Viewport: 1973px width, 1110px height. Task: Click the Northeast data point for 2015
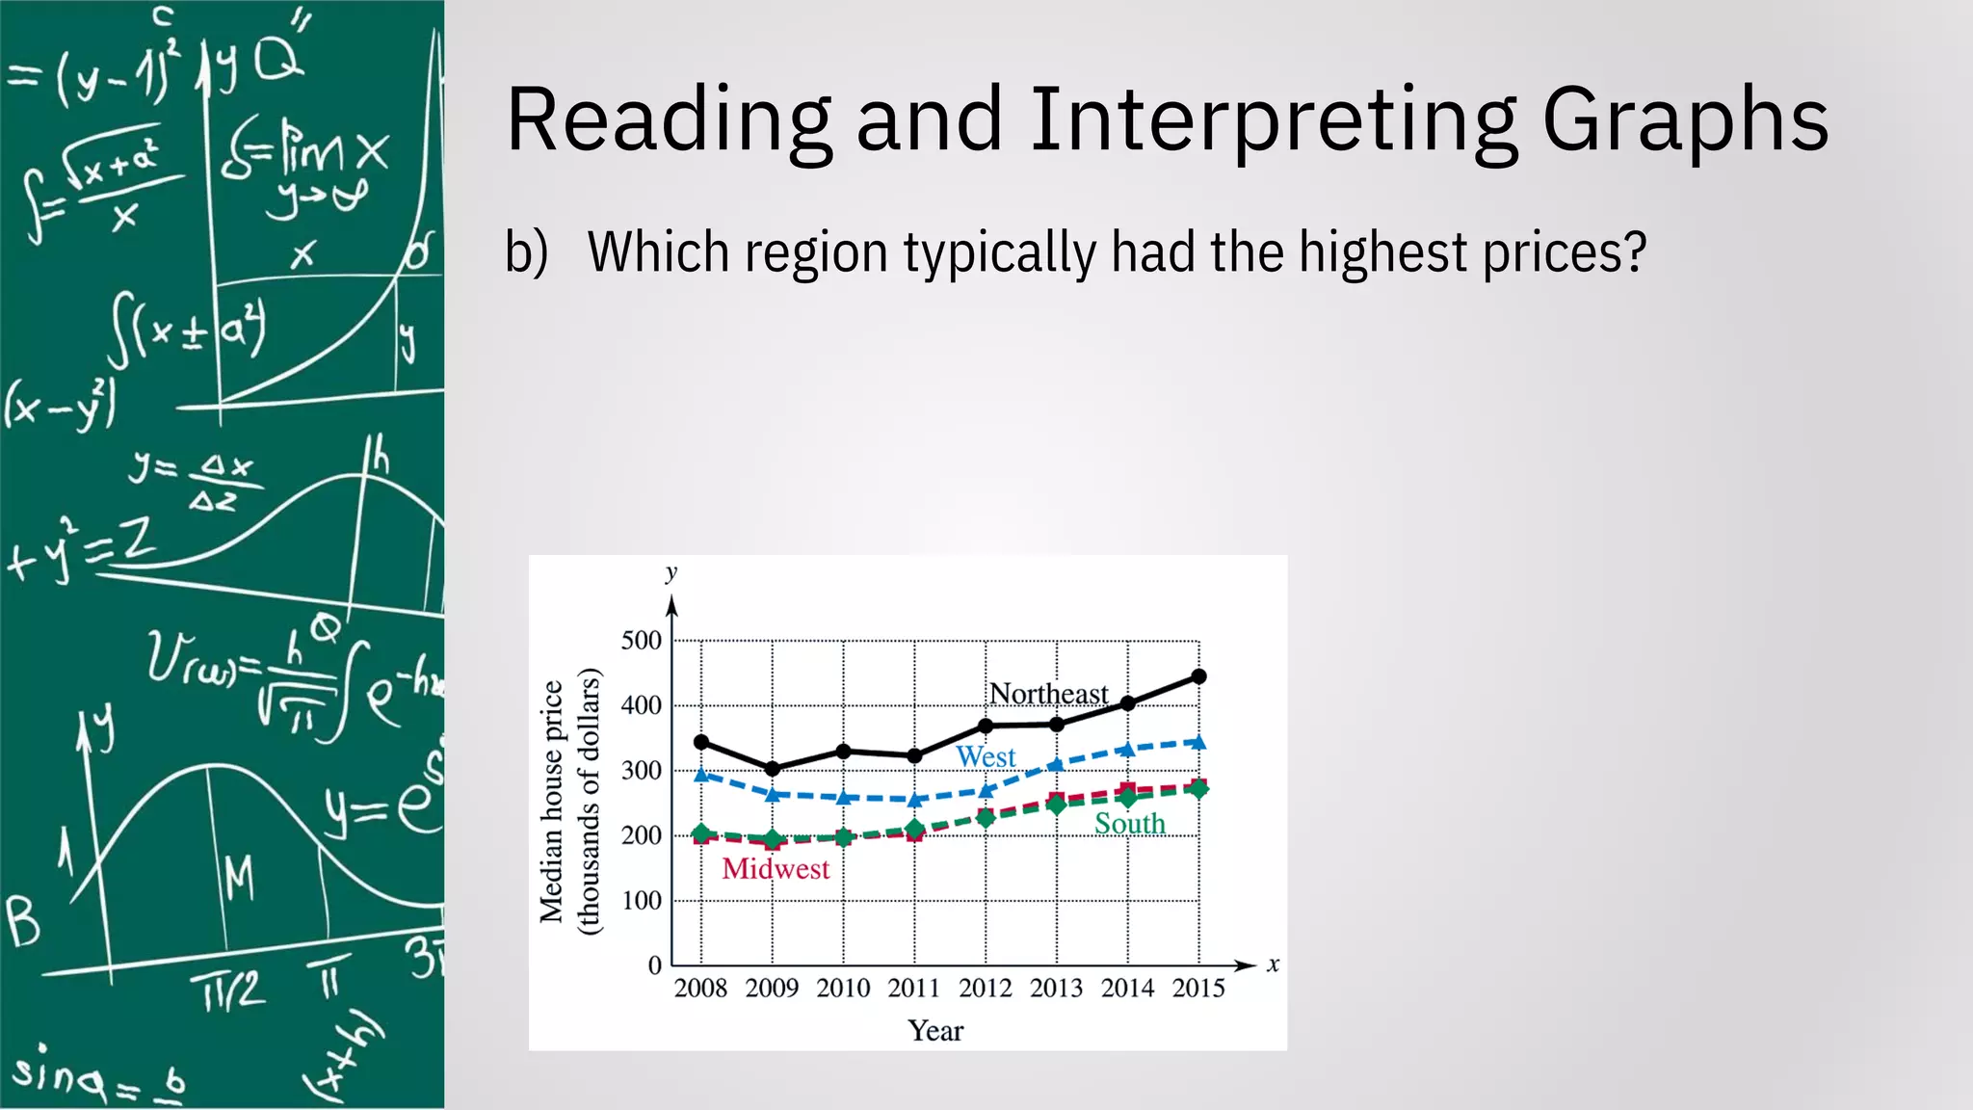1198,676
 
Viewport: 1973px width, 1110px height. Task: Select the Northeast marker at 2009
773,768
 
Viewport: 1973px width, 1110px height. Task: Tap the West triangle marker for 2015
1198,742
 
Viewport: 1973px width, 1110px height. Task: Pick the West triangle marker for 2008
701,774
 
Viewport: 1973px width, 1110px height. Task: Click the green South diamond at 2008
701,833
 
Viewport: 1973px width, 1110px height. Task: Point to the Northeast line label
1048,694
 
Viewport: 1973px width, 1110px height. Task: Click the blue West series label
985,757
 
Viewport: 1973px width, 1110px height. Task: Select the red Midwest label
776,869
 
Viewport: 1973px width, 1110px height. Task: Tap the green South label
1129,824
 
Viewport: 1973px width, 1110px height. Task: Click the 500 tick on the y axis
642,641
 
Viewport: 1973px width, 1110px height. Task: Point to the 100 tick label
642,901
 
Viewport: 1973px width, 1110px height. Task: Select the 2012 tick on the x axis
985,989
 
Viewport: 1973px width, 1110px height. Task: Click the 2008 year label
700,989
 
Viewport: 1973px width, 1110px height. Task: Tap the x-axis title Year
934,1031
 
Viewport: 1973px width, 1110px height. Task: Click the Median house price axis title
551,802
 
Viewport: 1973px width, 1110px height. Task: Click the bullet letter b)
526,252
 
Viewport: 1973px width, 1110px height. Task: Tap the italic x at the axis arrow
1273,965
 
